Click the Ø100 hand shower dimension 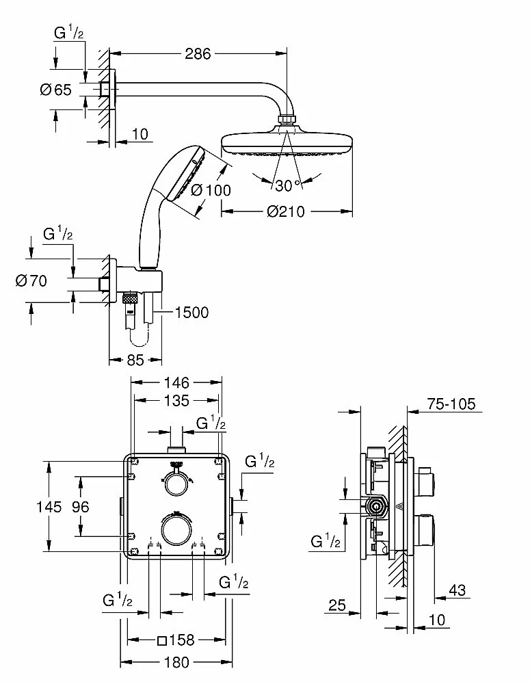click(x=211, y=191)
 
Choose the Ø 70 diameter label click(x=30, y=280)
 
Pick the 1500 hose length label click(x=191, y=313)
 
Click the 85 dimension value click(x=135, y=360)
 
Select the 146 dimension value click(x=176, y=382)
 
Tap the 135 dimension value click(x=176, y=399)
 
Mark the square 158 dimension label click(x=176, y=641)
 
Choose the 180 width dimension click(x=176, y=662)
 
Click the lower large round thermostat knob click(x=176, y=529)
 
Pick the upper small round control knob click(x=176, y=484)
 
